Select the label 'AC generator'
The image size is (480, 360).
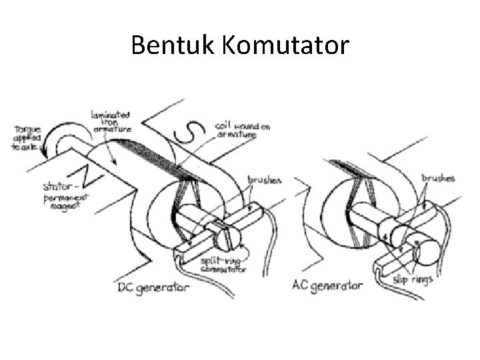327,285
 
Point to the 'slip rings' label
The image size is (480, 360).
411,279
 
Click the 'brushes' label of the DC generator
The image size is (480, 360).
265,181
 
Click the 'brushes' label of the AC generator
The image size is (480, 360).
438,178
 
